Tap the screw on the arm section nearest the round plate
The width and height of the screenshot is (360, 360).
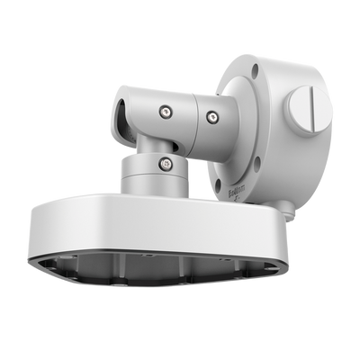coord(211,115)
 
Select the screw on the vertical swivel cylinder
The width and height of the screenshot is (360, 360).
coord(166,163)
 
